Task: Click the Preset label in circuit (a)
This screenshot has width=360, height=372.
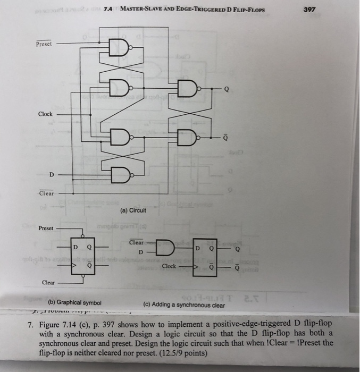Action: click(44, 44)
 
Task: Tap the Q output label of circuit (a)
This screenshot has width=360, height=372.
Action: click(227, 89)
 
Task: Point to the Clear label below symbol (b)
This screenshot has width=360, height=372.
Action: click(48, 283)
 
